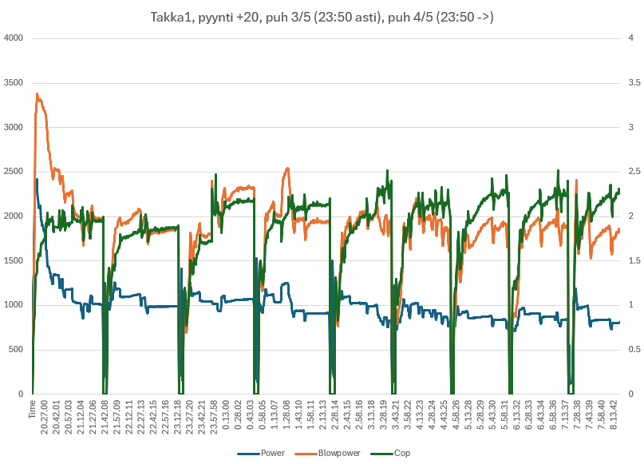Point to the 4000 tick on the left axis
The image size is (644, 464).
click(14, 38)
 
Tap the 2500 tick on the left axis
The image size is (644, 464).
click(14, 172)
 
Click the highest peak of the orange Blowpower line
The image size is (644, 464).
click(38, 94)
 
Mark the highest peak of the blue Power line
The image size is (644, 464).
click(38, 179)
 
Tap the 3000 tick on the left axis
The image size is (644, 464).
click(14, 127)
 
